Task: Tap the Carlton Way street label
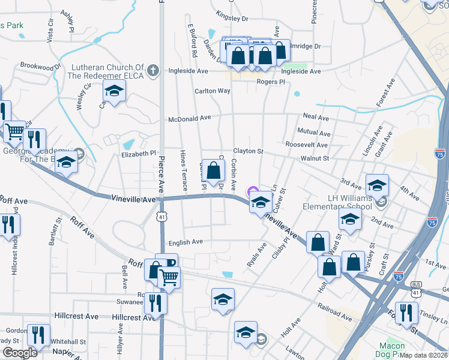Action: tap(212, 91)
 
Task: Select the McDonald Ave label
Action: tap(190, 118)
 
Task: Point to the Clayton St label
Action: tap(249, 152)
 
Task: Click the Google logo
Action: tap(20, 353)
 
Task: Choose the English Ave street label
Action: tap(186, 242)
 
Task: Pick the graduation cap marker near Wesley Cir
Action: tap(113, 91)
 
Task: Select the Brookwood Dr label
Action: tap(41, 65)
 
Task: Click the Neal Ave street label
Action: tap(316, 118)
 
